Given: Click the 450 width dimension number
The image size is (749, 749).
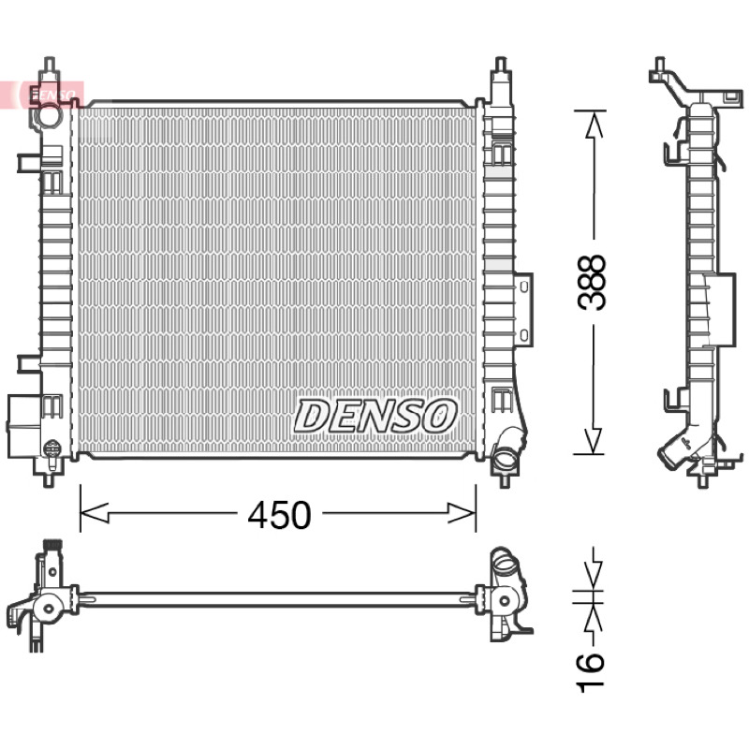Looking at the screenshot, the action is click(279, 515).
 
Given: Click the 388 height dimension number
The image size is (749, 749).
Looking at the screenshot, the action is click(591, 282).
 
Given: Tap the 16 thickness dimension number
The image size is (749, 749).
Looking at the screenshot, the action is click(591, 672).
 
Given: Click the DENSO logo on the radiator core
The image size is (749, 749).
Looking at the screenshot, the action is click(375, 416).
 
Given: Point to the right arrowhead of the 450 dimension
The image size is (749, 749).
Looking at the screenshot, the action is click(462, 513).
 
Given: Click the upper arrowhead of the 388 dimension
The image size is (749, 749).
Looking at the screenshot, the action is click(594, 125).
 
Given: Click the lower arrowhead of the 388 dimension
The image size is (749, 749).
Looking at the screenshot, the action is click(593, 440).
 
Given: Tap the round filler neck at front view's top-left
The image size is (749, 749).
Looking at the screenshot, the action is click(50, 115).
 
